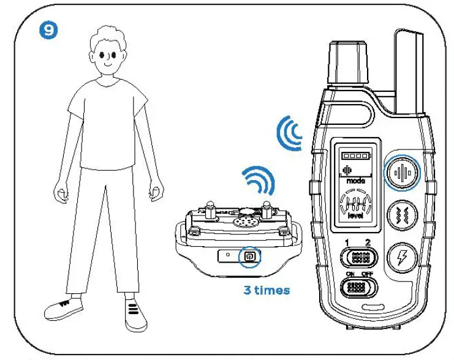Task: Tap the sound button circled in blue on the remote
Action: (x=403, y=172)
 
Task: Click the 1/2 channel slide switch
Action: (x=357, y=257)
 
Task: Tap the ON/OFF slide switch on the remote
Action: (x=357, y=287)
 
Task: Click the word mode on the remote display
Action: (x=355, y=182)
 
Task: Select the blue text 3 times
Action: (x=267, y=290)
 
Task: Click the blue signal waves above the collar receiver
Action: (x=259, y=181)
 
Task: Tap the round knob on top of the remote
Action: (x=350, y=62)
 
